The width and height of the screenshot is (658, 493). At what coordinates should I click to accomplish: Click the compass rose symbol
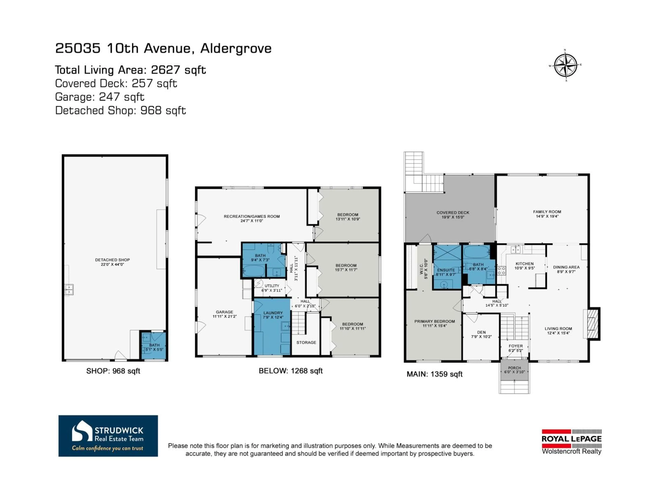tap(565, 65)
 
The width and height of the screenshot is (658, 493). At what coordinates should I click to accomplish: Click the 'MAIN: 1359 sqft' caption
tap(434, 374)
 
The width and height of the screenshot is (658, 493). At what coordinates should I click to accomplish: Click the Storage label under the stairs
tap(306, 342)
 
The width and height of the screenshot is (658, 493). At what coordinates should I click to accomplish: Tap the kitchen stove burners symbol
tap(501, 270)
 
